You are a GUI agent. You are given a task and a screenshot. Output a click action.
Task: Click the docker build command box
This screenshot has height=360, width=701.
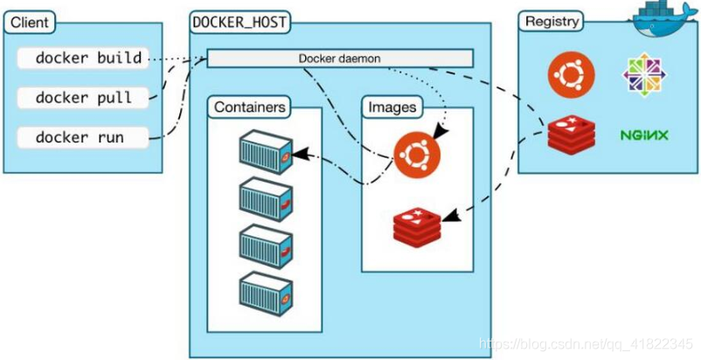coord(88,59)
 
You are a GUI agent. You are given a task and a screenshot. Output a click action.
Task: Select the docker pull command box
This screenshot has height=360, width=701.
coord(87,98)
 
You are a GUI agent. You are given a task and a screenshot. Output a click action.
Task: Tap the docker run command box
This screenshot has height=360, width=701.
coord(88,137)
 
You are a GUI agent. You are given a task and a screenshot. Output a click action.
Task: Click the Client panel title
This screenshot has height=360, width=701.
coord(31,22)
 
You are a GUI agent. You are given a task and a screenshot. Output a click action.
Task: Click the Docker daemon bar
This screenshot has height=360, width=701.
coord(340,59)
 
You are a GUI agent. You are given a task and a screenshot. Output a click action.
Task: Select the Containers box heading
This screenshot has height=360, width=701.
coord(250,107)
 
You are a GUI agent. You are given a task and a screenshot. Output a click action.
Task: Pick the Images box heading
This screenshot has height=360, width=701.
coord(392,107)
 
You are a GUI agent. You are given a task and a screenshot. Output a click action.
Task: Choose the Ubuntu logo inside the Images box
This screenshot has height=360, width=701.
coord(417,155)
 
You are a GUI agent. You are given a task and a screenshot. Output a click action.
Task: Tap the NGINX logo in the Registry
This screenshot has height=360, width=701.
coord(644,135)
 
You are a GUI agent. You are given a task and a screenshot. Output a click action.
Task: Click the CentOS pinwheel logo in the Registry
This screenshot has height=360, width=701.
coord(644,74)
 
